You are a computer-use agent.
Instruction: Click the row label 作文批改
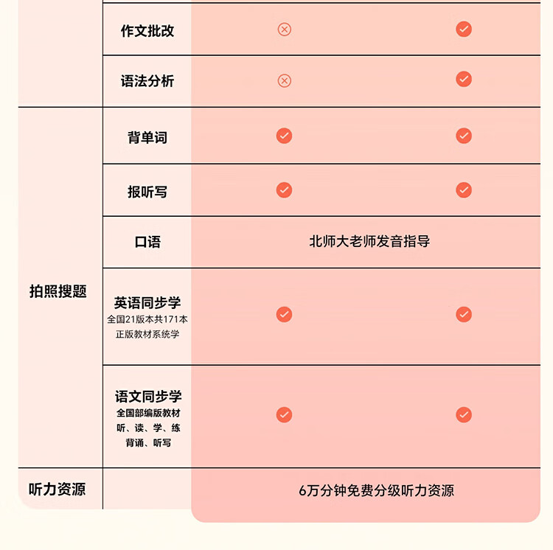(147, 31)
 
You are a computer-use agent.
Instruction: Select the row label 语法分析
(147, 81)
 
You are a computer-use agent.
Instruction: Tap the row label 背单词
(147, 137)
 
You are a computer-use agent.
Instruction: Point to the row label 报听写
(147, 192)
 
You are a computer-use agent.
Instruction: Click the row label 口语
(147, 242)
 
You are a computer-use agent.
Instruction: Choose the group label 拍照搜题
(58, 291)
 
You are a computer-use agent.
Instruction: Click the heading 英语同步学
(147, 303)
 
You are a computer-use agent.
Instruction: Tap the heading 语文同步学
(147, 397)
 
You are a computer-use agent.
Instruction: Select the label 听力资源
(58, 489)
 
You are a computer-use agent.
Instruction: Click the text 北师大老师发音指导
(369, 242)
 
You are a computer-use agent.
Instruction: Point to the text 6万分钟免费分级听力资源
(376, 490)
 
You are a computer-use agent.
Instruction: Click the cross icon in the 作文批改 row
(284, 29)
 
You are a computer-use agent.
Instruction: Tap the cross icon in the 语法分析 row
(284, 80)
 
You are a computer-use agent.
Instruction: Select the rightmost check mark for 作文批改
(464, 29)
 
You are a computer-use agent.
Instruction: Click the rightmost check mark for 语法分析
(464, 79)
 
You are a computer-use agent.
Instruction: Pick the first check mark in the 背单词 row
(284, 136)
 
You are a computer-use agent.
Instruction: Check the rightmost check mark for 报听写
(464, 190)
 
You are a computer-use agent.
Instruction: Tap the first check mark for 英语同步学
(284, 315)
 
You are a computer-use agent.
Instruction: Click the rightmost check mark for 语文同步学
(464, 414)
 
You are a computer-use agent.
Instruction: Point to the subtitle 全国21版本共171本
(147, 320)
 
